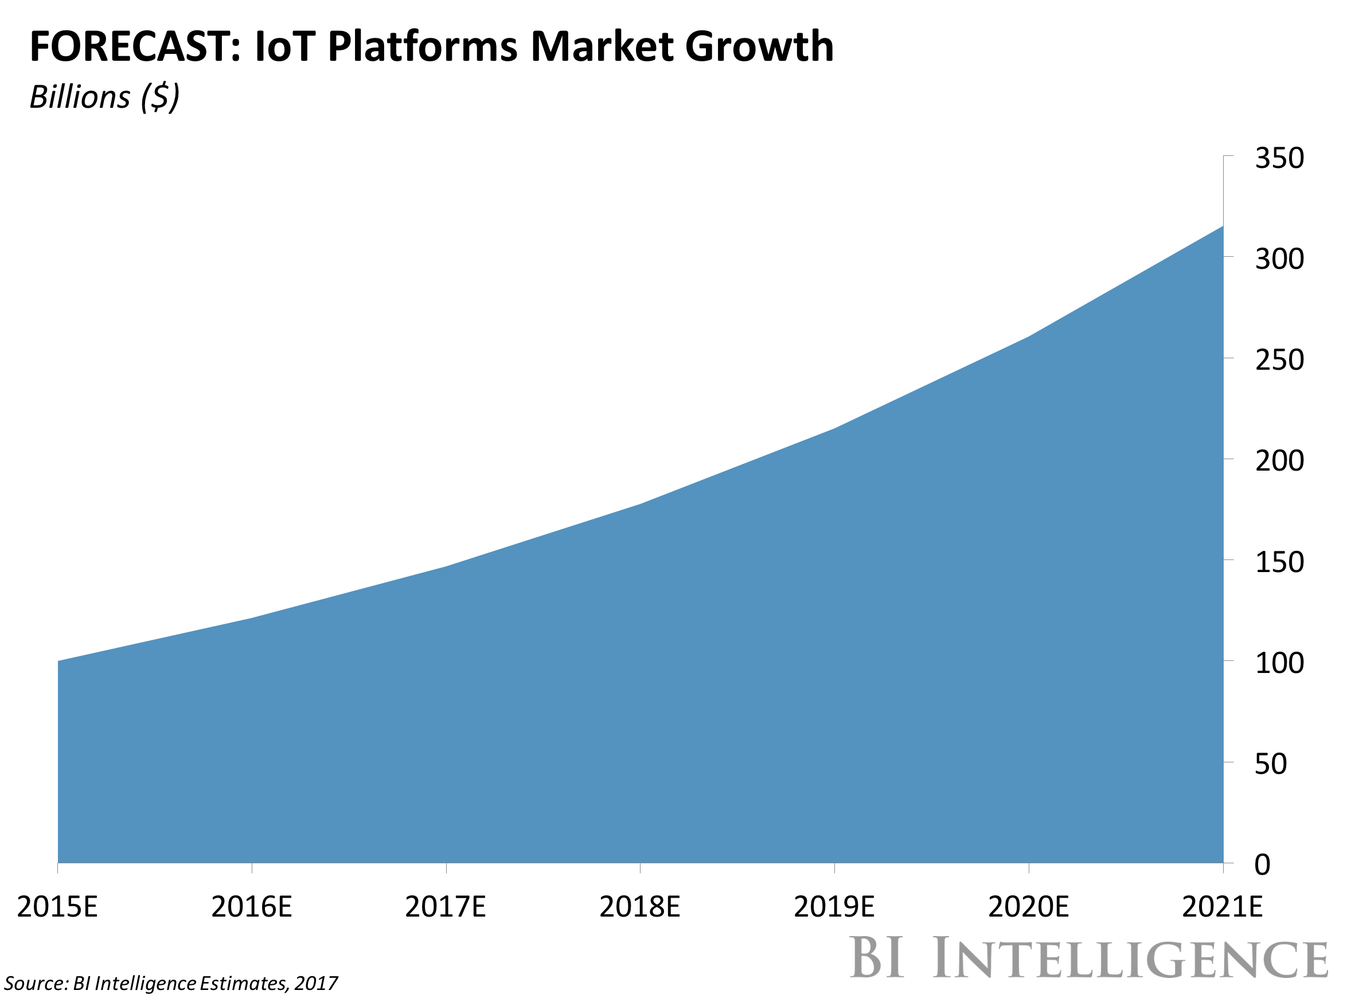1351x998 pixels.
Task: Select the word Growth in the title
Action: point(759,46)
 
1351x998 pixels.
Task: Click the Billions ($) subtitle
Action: point(104,97)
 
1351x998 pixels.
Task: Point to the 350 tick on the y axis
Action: point(1279,158)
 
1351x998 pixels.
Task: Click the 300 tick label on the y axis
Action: point(1279,259)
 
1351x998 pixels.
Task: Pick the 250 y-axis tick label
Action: point(1279,360)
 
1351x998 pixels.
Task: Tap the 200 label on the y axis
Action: point(1279,461)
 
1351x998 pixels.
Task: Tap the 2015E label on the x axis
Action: point(57,907)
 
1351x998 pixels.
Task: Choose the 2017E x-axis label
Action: point(446,907)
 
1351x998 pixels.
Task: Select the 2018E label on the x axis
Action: point(640,907)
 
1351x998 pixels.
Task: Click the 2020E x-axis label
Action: point(1028,907)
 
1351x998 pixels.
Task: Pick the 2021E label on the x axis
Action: point(1222,907)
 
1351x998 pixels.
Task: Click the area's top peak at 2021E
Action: point(1222,228)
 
